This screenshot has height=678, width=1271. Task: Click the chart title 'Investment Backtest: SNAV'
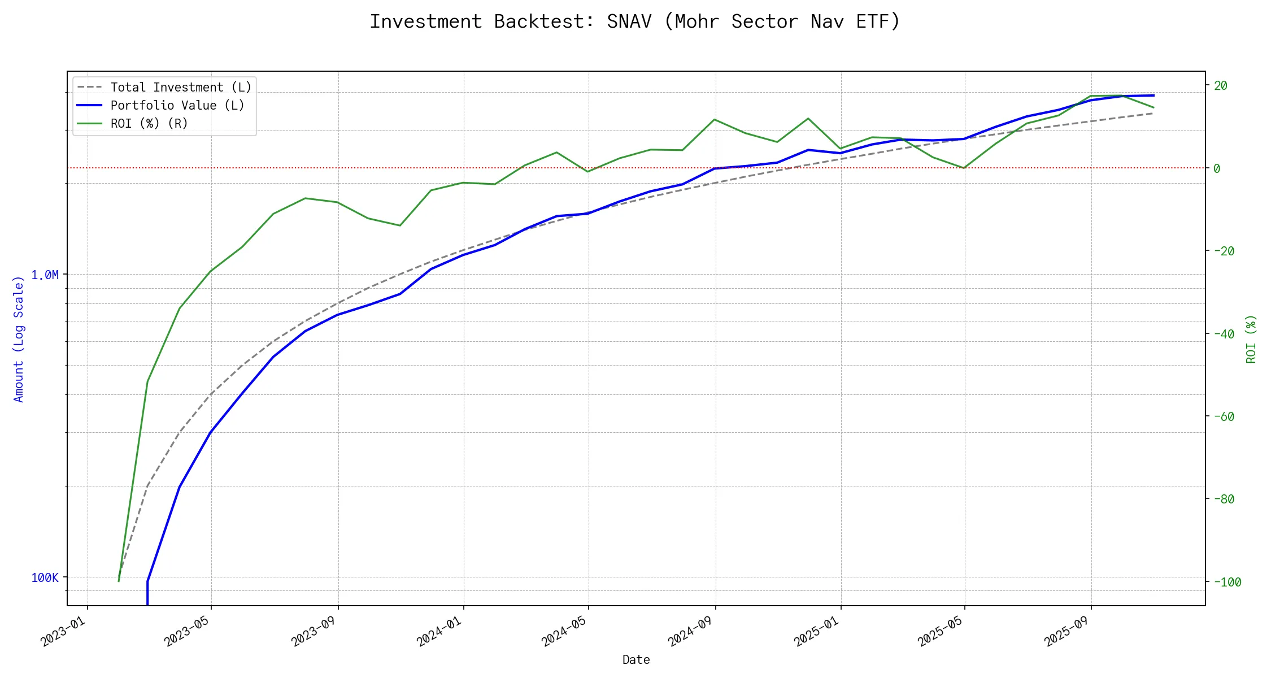pos(634,21)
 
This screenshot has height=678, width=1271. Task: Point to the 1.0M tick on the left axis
pos(45,275)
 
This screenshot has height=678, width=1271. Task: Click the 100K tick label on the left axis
pos(45,578)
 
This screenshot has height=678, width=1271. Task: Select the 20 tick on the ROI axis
pos(1221,86)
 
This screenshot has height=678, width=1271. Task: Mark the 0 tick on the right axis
pos(1217,168)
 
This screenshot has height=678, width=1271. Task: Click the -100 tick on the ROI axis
pos(1227,583)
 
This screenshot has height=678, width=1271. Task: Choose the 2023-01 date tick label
pos(63,631)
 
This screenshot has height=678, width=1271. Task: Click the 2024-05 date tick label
pos(564,631)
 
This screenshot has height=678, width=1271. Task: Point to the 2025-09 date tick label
pos(1067,631)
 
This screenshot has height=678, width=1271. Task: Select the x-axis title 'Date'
pos(636,660)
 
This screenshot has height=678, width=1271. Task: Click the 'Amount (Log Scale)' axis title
pos(19,339)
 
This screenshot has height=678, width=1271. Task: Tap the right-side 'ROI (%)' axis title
pos(1251,339)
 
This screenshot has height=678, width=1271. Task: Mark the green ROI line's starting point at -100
pos(119,581)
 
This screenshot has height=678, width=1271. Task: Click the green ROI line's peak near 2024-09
pos(715,119)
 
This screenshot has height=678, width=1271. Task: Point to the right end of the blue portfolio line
pos(1154,95)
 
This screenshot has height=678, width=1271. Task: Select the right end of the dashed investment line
pos(1154,113)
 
